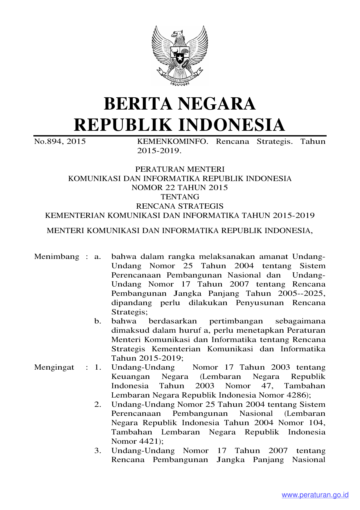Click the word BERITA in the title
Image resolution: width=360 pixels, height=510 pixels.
click(x=138, y=104)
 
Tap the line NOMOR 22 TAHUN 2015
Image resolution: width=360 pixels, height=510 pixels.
click(x=180, y=187)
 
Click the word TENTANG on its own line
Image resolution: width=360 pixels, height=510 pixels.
click(x=180, y=197)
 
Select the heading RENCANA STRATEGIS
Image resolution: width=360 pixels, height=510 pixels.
click(x=180, y=206)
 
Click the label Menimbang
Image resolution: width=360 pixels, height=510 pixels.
click(x=57, y=257)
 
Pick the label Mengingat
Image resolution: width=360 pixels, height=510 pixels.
click(x=54, y=367)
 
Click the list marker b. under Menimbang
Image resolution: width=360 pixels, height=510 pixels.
click(x=98, y=321)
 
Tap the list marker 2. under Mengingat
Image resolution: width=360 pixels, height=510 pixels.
click(x=98, y=404)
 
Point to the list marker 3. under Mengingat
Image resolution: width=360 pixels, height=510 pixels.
click(x=98, y=450)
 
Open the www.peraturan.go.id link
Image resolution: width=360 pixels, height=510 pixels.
click(x=315, y=495)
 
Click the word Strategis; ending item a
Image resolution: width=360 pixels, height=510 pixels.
click(x=129, y=312)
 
